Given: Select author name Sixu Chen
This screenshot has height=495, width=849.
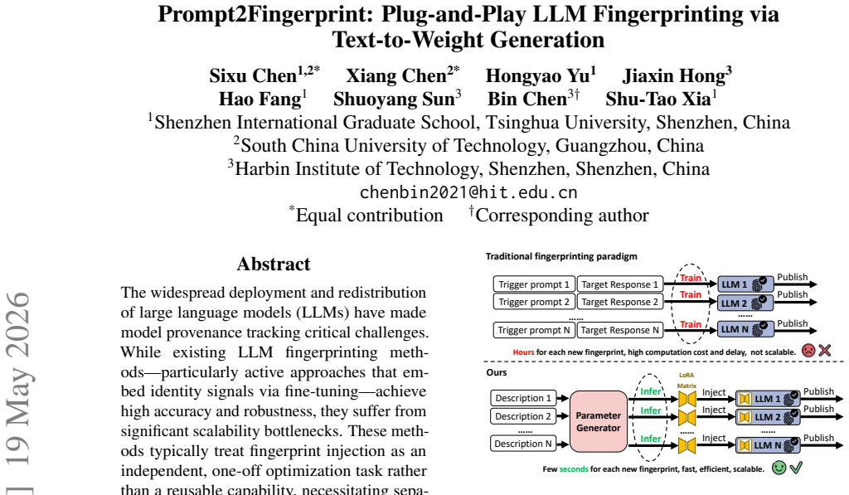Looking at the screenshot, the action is [254, 75].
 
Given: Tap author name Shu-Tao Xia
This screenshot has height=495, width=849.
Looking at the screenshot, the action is [657, 99].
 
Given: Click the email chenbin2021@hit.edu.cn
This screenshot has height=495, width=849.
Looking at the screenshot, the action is [468, 192].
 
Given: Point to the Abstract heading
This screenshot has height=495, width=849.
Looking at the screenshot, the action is [274, 264].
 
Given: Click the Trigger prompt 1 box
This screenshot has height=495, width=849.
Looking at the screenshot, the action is [534, 284].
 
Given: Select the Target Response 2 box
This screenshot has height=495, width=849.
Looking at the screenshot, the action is [620, 302].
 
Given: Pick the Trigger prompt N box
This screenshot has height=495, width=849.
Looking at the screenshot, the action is [534, 330].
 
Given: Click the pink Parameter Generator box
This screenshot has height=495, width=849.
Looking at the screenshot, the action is [599, 421].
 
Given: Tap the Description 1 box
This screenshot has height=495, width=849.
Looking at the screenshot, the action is [523, 398].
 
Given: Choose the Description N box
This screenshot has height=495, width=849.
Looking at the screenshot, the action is [523, 444].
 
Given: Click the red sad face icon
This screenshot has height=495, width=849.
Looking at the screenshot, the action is [808, 351].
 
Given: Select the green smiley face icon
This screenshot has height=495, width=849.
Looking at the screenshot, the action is [779, 468].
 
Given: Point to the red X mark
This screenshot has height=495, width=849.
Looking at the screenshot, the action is [825, 351].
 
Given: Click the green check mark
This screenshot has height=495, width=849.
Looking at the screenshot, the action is [796, 467].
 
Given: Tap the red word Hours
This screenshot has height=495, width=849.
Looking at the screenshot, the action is [523, 352].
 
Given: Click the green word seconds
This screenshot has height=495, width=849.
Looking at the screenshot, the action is [574, 469].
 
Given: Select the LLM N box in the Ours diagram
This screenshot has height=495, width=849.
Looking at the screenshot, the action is [768, 445].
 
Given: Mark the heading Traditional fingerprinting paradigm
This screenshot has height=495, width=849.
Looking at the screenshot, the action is [561, 256].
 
